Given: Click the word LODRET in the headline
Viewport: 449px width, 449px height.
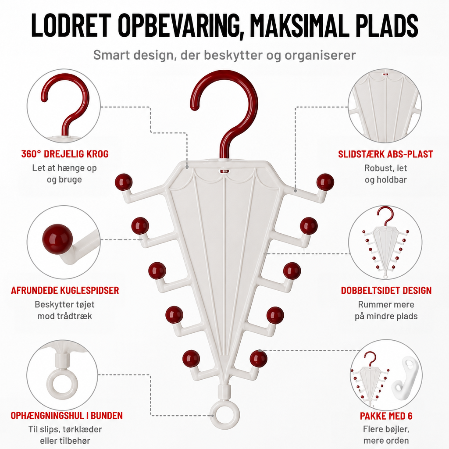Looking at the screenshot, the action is click(x=71, y=25).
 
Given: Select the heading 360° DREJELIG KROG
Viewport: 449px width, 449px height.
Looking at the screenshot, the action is click(x=65, y=154).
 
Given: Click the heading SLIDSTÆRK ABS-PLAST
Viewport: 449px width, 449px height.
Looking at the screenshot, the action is click(x=385, y=154).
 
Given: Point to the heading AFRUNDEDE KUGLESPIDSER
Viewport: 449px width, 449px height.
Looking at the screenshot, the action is click(x=65, y=290).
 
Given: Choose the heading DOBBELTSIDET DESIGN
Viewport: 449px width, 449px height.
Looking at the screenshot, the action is click(x=386, y=290).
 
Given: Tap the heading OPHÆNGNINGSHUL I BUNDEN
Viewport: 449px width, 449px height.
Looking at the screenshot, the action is click(x=67, y=416).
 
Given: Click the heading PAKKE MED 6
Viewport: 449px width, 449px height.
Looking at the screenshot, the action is click(x=386, y=416).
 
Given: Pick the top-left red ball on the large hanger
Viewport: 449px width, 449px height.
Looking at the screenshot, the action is click(x=124, y=182).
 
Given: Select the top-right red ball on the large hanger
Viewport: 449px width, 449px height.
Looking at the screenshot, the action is click(x=325, y=182).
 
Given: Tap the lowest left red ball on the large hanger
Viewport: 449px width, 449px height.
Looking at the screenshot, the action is click(x=191, y=358).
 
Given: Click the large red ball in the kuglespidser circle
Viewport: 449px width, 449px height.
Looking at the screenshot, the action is click(x=57, y=239).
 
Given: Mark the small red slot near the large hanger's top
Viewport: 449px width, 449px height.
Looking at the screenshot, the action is click(x=224, y=171).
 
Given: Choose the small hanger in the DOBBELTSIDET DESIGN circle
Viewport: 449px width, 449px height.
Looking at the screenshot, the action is click(x=385, y=243).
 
